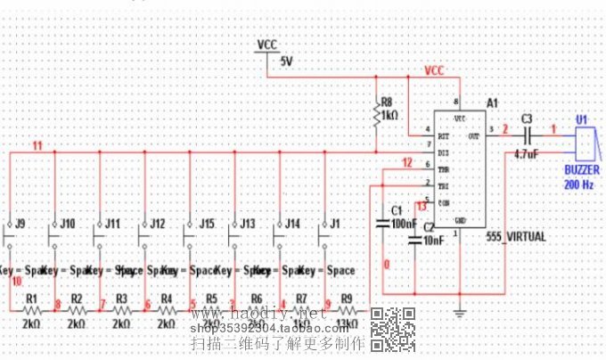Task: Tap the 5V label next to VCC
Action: click(286, 61)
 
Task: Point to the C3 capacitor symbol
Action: click(527, 135)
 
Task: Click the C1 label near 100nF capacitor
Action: click(397, 210)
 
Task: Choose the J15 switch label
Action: click(207, 223)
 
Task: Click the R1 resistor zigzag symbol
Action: click(31, 311)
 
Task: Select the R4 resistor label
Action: click(166, 298)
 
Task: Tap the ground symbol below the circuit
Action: click(460, 310)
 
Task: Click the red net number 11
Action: click(37, 145)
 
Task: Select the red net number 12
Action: click(406, 162)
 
